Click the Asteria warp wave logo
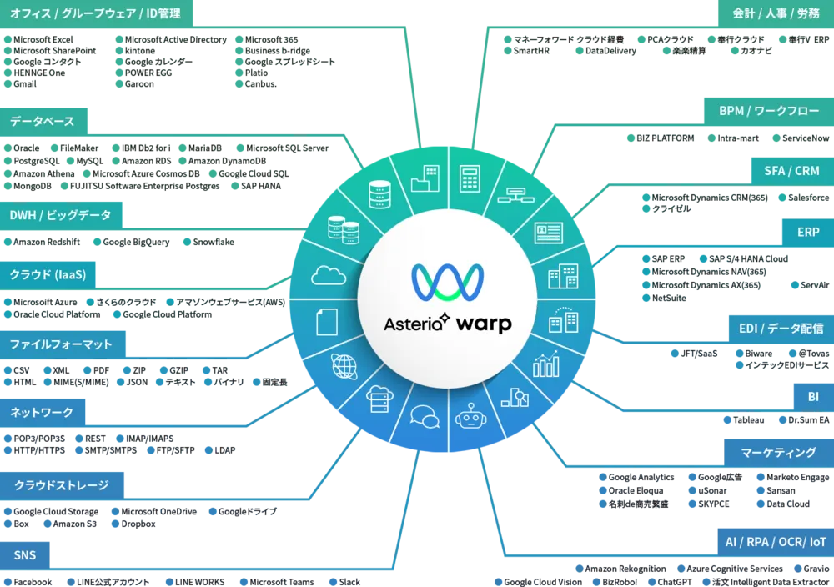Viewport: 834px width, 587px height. (448, 282)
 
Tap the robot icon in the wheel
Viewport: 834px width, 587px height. (470, 417)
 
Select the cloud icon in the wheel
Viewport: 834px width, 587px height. (328, 275)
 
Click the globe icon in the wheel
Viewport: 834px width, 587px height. (344, 366)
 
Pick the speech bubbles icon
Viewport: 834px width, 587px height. (425, 416)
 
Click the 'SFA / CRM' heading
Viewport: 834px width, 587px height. (792, 171)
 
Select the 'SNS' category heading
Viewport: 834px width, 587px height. (25, 555)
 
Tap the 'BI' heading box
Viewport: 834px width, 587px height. (813, 397)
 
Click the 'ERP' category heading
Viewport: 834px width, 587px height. (808, 233)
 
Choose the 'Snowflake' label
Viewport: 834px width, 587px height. (214, 242)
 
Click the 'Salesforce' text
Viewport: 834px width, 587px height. (808, 198)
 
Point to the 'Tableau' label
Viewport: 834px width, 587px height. (748, 420)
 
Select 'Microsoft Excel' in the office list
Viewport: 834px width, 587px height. (43, 39)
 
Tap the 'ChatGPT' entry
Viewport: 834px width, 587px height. (675, 582)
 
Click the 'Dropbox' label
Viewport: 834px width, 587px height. (138, 524)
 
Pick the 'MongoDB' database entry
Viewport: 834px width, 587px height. (33, 186)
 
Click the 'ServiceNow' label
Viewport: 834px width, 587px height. (806, 138)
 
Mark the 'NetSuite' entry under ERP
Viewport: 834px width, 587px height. (669, 298)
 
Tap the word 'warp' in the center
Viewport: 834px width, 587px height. (484, 324)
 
